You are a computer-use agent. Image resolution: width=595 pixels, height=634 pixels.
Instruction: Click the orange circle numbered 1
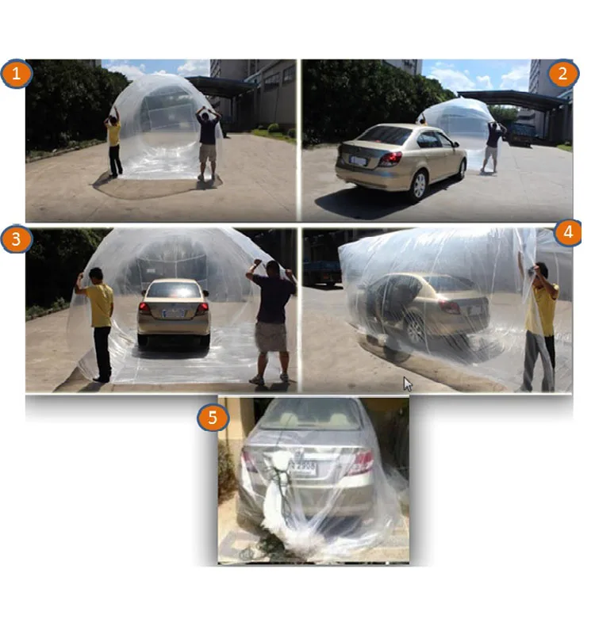[17, 75]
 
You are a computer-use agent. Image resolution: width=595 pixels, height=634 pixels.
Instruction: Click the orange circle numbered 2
[562, 75]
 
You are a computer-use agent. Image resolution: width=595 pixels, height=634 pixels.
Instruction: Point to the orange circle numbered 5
[213, 417]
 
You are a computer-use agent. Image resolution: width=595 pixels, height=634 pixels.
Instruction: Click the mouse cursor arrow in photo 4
[408, 384]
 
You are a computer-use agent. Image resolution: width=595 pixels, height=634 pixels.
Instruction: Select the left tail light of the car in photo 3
[145, 308]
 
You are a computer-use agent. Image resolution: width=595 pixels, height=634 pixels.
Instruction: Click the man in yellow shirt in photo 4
[541, 325]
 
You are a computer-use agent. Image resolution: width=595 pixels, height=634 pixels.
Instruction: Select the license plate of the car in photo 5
[301, 468]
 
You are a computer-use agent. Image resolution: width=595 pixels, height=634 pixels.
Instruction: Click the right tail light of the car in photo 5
[359, 461]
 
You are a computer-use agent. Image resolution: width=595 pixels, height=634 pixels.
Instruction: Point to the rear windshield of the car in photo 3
[174, 291]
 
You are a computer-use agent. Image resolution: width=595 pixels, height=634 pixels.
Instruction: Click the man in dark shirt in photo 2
[493, 143]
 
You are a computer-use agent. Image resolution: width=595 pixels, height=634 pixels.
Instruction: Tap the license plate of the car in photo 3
[174, 314]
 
